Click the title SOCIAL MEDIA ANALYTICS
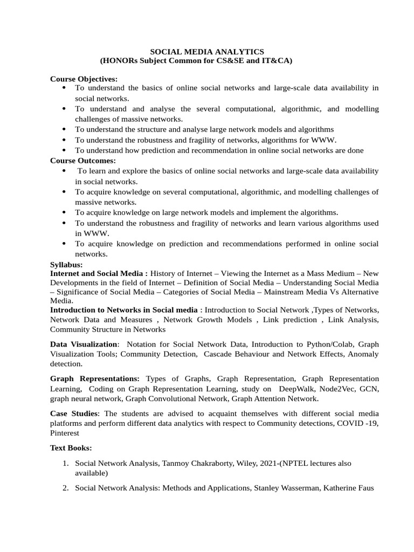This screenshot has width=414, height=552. point(207,52)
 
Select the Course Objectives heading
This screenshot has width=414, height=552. point(84,79)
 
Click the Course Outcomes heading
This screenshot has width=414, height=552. point(83,160)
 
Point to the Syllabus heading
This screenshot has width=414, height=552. point(66,265)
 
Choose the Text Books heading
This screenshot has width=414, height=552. point(71,447)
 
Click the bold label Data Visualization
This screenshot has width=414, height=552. point(84,344)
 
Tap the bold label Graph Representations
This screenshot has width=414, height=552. point(94,379)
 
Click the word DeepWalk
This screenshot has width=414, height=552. point(295,389)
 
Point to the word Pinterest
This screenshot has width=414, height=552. point(65,433)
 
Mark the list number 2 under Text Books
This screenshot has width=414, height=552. point(65,488)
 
